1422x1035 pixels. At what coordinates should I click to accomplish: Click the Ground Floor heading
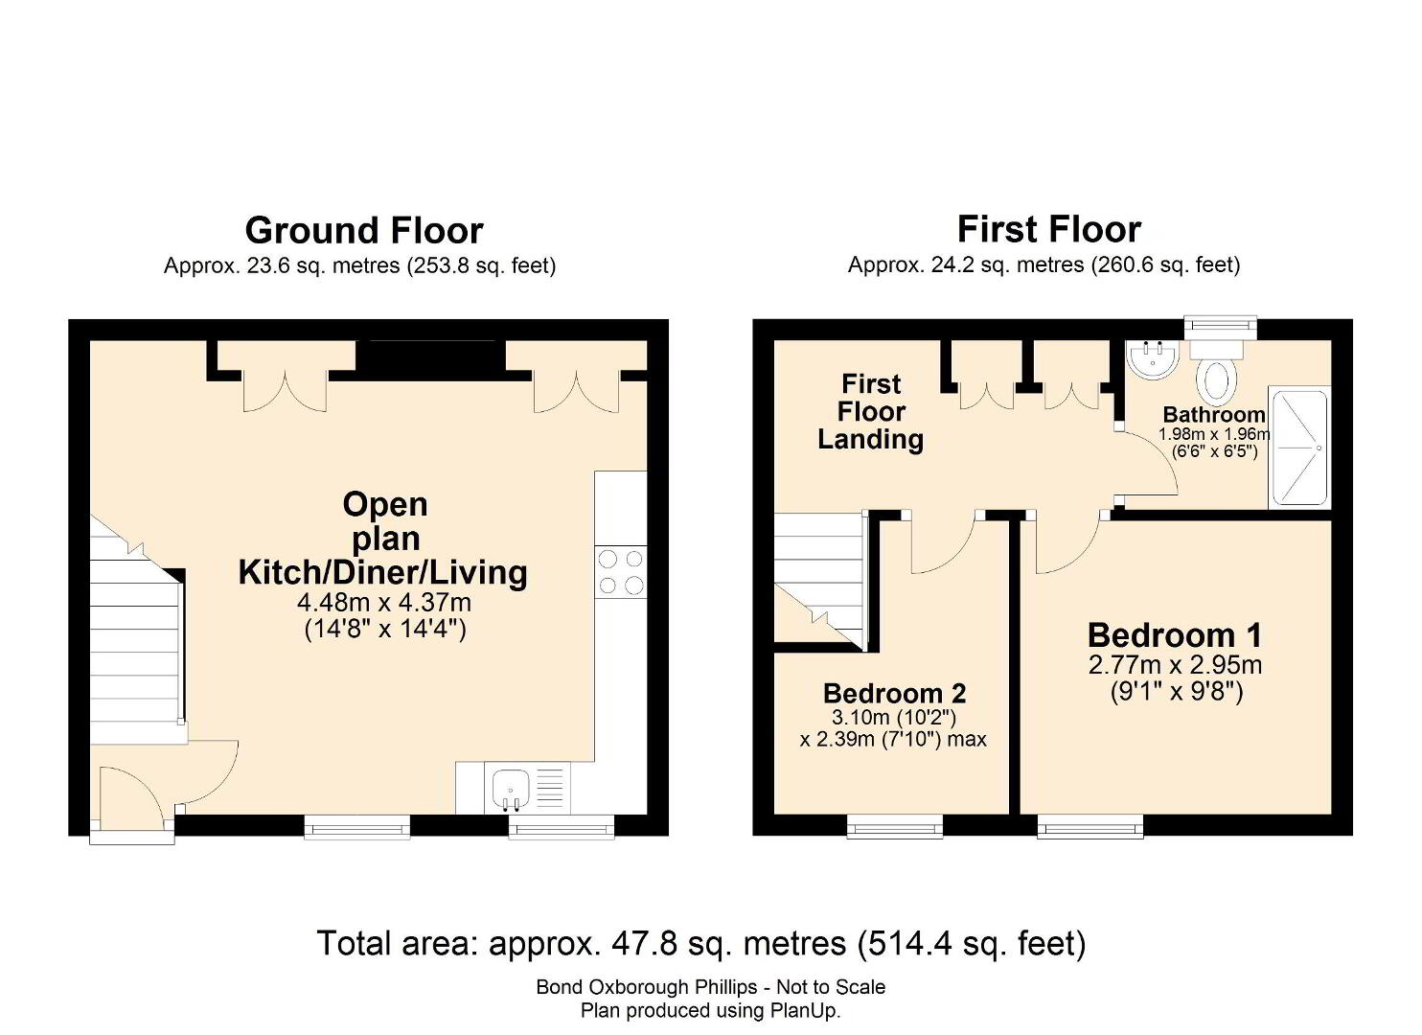point(364,231)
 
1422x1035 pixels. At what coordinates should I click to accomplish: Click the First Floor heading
point(1048,229)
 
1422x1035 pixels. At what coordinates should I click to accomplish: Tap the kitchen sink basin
point(511,791)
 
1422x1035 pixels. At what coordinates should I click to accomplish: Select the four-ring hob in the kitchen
point(621,571)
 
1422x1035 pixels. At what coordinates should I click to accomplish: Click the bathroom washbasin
point(1154,358)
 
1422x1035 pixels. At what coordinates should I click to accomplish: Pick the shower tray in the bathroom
point(1298,448)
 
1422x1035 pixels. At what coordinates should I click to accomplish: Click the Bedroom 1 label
point(1175,635)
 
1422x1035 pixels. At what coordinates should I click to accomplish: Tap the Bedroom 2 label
point(894,694)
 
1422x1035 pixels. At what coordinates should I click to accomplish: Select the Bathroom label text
point(1214,415)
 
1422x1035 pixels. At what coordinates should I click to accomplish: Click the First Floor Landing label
point(870,411)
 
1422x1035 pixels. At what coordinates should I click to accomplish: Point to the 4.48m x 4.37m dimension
point(384,602)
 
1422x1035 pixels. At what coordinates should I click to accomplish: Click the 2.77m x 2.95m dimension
point(1175,665)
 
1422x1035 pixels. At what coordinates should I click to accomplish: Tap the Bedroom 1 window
point(1090,826)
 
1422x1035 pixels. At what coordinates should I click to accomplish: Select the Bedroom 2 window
point(895,826)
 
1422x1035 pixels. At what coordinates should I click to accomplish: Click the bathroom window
point(1221,327)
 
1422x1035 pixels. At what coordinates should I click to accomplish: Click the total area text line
point(700,944)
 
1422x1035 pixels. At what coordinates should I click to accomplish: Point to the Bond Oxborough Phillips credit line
point(710,987)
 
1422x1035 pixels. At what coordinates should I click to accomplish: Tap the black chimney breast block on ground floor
point(430,360)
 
